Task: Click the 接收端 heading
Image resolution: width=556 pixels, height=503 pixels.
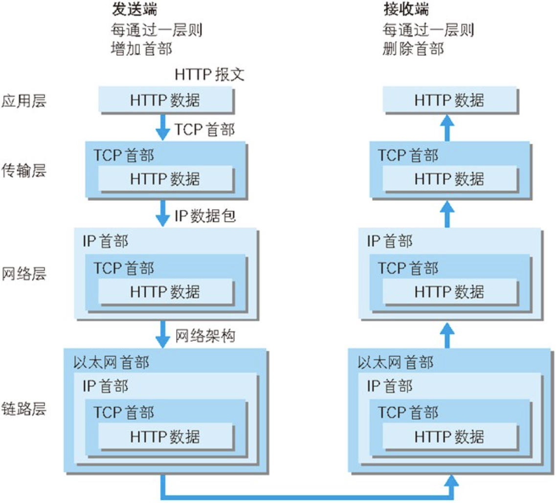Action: [401, 10]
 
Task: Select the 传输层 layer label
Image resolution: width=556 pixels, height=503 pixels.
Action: [23, 172]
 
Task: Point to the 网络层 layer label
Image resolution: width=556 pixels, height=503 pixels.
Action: [23, 273]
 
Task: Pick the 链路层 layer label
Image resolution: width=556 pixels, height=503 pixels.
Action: [23, 409]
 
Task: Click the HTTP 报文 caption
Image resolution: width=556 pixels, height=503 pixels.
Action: [209, 75]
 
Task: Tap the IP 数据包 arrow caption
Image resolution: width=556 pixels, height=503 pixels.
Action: [205, 217]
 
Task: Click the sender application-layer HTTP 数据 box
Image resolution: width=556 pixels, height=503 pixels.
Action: [165, 100]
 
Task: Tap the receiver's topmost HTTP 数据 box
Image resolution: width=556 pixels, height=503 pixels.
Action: [449, 100]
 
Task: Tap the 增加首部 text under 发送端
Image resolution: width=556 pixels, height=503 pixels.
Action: [142, 49]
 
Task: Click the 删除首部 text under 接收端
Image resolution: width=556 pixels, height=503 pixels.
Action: [413, 49]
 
